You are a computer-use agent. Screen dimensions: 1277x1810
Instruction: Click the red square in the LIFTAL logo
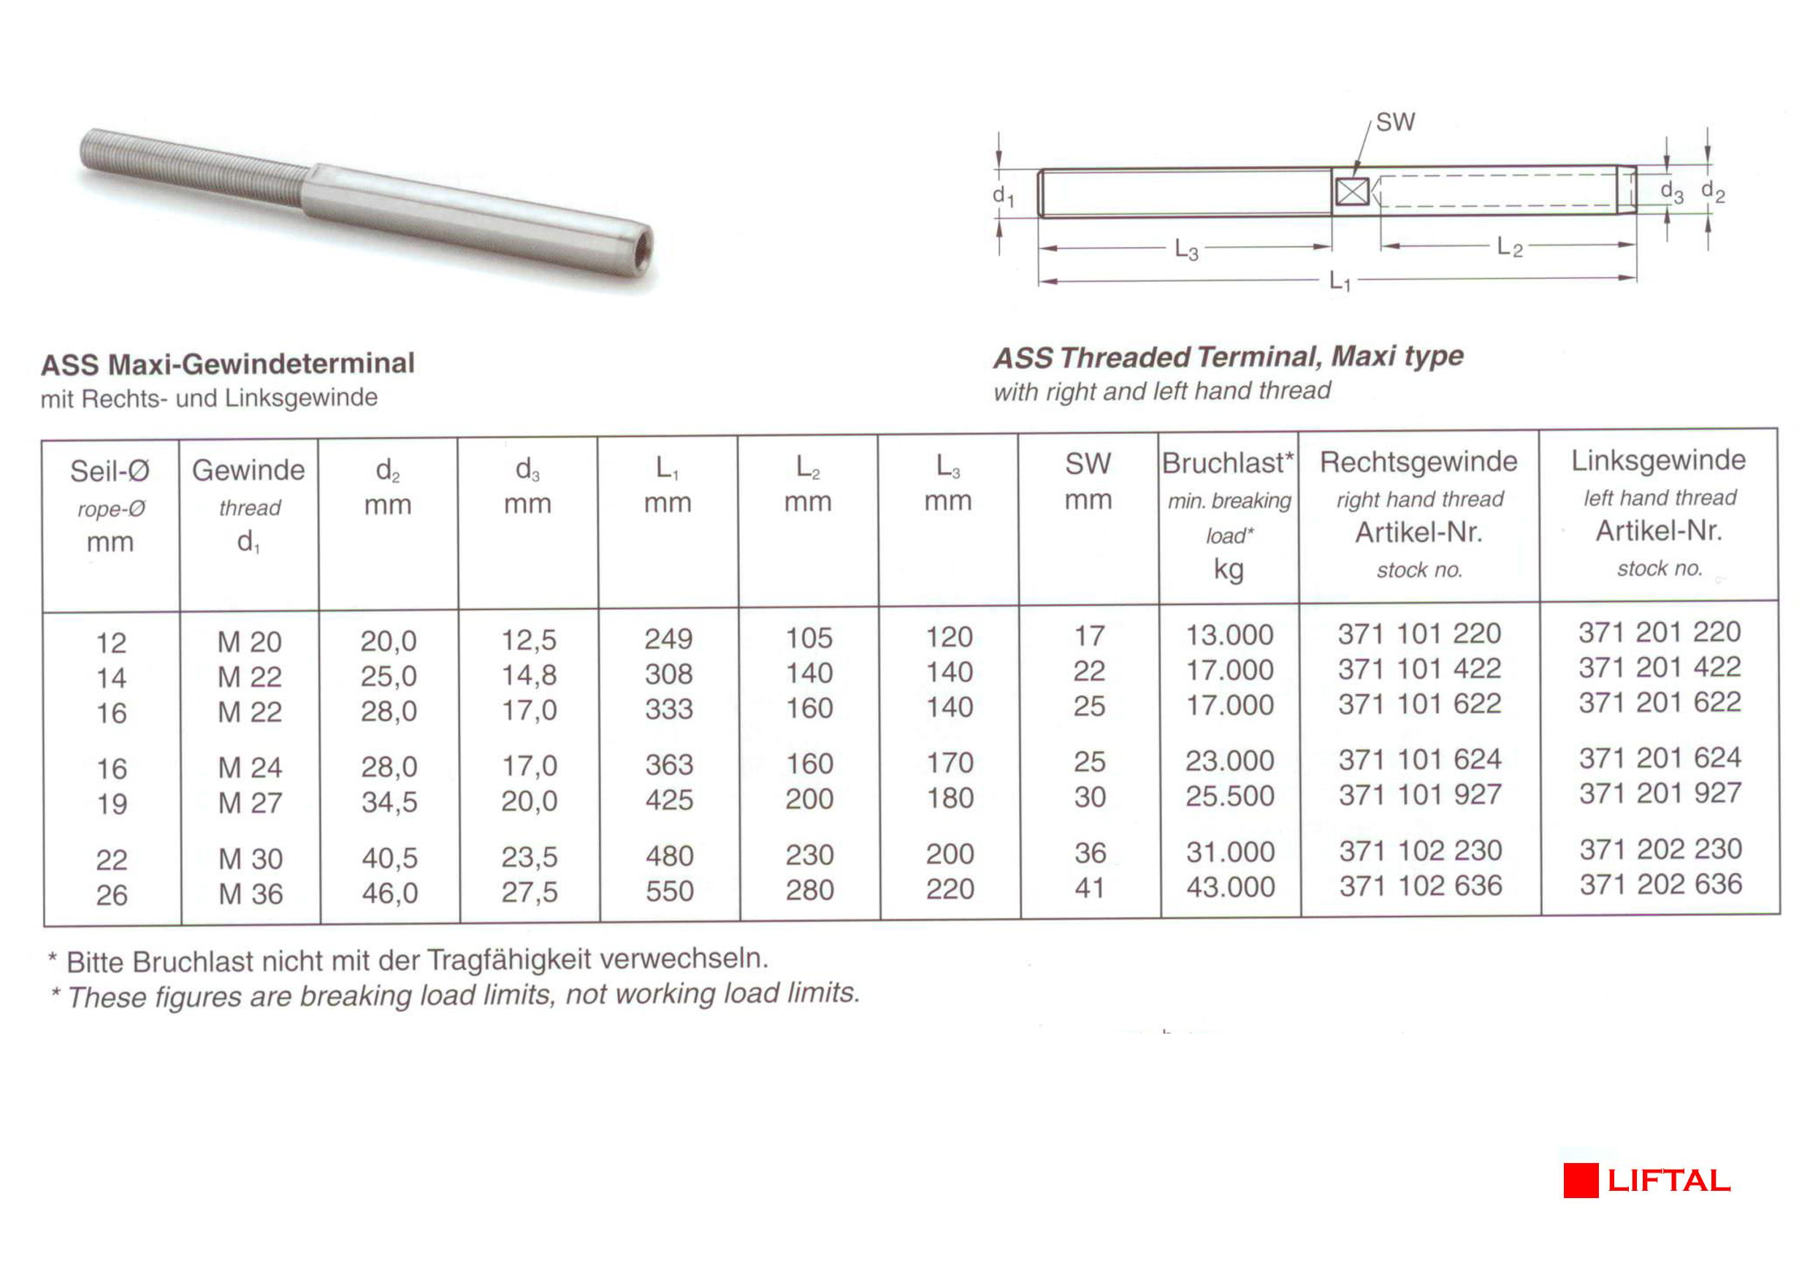pos(1581,1180)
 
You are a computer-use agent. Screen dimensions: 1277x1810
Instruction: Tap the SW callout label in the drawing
pos(1395,122)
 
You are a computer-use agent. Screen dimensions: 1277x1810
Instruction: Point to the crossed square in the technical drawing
pos(1353,191)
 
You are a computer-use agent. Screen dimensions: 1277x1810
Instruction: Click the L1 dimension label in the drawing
pos(1340,281)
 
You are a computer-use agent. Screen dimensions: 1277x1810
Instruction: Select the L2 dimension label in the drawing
pos(1509,248)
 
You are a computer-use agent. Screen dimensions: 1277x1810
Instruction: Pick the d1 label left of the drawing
pos(1003,196)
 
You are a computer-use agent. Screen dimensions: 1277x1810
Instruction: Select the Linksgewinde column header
pos(1659,460)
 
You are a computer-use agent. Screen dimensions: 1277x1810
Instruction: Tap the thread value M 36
pos(251,894)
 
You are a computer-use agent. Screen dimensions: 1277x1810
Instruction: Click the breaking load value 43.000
pos(1231,888)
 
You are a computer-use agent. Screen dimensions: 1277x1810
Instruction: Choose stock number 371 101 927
pos(1420,795)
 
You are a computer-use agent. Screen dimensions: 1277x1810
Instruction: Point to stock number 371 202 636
pos(1660,885)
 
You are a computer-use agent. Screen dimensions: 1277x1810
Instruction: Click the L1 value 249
pos(668,638)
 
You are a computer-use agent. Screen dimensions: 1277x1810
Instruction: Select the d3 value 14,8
pos(529,675)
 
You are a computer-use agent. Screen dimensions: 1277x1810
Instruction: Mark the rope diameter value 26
pos(111,895)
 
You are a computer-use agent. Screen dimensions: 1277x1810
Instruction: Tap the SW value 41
pos(1090,888)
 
